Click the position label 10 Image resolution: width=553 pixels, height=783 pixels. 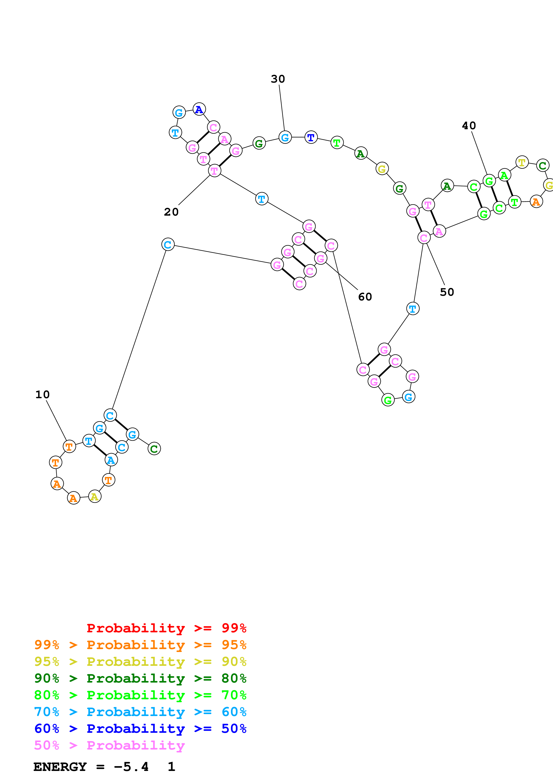pos(43,395)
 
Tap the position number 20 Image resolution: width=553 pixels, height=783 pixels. pos(171,212)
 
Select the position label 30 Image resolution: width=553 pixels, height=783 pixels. pos(278,79)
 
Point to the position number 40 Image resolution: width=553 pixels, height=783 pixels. pos(469,126)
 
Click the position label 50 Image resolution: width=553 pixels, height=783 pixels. pos(447,292)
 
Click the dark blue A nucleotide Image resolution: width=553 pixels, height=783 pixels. pos(199,109)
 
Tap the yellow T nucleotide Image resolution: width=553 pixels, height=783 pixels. pos(522,162)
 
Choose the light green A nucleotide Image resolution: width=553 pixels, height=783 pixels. pos(504,175)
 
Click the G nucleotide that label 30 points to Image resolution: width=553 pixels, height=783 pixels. pos(285,137)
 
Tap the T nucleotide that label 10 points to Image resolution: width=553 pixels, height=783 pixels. pos(69,446)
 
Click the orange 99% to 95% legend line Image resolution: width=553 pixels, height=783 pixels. pos(140,645)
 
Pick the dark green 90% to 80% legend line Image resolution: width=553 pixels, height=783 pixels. pos(140,678)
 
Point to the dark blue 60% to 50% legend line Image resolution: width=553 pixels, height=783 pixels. pos(140,729)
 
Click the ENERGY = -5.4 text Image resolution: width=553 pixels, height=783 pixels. pos(91,767)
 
